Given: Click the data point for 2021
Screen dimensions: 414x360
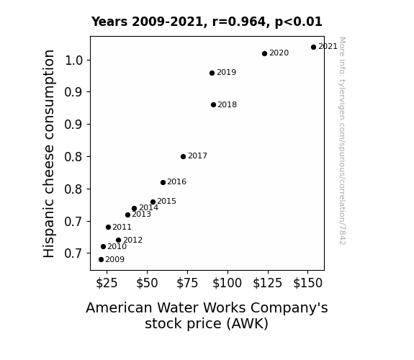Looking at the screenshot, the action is point(313,48).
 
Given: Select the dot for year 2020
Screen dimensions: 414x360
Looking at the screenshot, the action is point(264,53).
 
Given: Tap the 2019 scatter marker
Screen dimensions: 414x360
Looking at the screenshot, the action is point(212,73).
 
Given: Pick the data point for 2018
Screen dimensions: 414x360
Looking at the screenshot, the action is point(213,105).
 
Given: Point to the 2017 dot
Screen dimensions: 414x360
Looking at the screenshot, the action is point(183,157).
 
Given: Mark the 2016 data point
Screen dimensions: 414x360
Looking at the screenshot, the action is point(163,182).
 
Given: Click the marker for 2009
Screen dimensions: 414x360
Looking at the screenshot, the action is point(101,260).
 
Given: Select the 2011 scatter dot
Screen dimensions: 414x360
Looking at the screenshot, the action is point(108,227).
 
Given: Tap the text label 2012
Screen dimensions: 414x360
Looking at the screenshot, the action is point(132,240).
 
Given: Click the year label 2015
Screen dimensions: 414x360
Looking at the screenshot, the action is point(166,202).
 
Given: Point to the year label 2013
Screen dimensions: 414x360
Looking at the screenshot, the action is point(142,215).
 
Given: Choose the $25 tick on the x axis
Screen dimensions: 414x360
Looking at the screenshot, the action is point(107,283).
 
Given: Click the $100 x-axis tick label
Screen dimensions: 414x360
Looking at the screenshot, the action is point(227,283).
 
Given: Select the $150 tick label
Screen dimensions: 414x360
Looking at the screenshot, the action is point(307,283).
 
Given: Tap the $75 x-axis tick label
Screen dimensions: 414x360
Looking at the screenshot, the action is point(187,283).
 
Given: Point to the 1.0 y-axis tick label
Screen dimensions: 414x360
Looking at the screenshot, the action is point(73,60).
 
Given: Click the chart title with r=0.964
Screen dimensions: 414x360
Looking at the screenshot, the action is point(207,22).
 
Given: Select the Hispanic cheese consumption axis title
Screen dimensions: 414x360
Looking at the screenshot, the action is point(49,153).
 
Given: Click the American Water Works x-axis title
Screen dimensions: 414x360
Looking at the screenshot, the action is point(207,315).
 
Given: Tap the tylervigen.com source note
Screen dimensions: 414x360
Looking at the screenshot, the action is point(342,141).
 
